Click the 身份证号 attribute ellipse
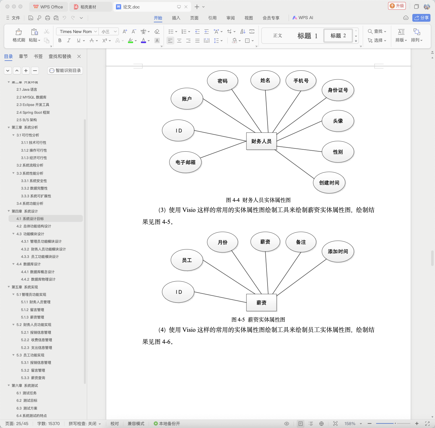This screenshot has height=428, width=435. [x=338, y=90]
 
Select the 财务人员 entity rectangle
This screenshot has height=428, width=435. [x=261, y=141]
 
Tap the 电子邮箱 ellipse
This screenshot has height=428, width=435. [x=185, y=162]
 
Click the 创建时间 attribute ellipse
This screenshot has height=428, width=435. [x=329, y=183]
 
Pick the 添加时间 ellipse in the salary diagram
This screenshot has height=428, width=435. [x=338, y=251]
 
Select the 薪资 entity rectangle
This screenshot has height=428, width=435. [x=261, y=302]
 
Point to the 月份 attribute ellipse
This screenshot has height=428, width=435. [x=222, y=242]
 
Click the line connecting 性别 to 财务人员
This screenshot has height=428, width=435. [x=299, y=149]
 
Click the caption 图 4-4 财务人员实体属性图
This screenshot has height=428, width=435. [x=258, y=200]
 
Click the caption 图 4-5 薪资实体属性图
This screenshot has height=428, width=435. [x=258, y=319]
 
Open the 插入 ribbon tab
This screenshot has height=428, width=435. [x=176, y=18]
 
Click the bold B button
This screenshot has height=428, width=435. [x=60, y=40]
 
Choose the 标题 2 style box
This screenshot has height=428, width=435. [x=338, y=35]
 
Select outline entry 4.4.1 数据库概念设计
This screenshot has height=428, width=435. [x=38, y=272]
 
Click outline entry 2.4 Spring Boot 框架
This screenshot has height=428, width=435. [x=33, y=112]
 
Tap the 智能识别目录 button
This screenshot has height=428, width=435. [x=65, y=70]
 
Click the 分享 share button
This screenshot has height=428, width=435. [x=421, y=18]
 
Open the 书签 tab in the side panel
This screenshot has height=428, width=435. [x=38, y=56]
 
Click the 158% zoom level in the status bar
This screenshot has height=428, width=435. [x=350, y=423]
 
